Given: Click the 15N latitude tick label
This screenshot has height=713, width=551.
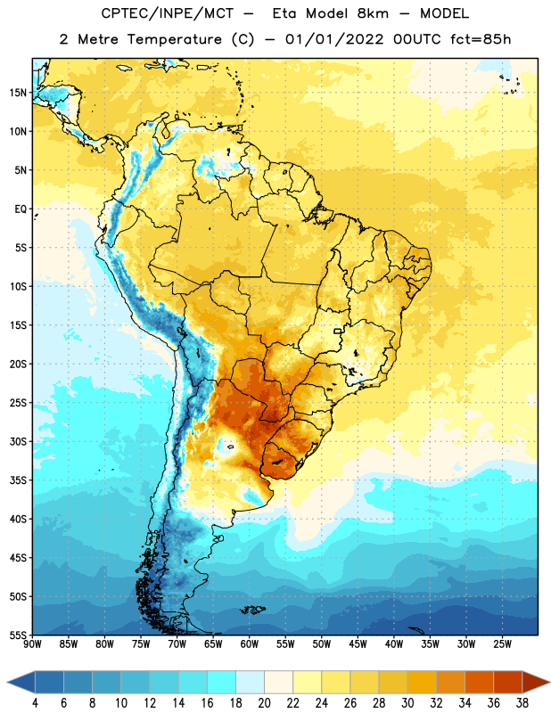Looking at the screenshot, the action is (18, 93).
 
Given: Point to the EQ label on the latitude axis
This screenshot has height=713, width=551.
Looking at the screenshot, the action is (21, 209).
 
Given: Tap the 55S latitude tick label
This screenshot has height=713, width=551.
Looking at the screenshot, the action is (18, 635).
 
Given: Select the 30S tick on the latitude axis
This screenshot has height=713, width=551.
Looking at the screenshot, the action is (18, 441).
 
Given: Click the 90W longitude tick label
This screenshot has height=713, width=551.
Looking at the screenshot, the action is (32, 643).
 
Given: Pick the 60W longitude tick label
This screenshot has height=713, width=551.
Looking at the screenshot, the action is (250, 643).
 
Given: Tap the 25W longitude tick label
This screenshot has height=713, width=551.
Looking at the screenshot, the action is (502, 643).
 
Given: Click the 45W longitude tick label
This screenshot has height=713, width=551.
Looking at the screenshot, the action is (358, 643).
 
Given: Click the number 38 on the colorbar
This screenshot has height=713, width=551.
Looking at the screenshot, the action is (522, 703).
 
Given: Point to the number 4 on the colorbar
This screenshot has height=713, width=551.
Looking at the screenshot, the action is (35, 703).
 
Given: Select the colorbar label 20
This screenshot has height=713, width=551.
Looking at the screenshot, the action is (264, 703).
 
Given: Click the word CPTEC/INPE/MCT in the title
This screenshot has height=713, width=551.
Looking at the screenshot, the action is (167, 13).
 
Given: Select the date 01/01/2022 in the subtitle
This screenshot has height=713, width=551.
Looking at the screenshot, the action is (334, 39).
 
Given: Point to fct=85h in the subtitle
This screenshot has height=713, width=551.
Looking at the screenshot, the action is (481, 39).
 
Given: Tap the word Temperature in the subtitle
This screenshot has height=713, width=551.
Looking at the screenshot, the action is (174, 39).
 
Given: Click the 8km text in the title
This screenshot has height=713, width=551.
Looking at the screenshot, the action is (373, 13).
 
